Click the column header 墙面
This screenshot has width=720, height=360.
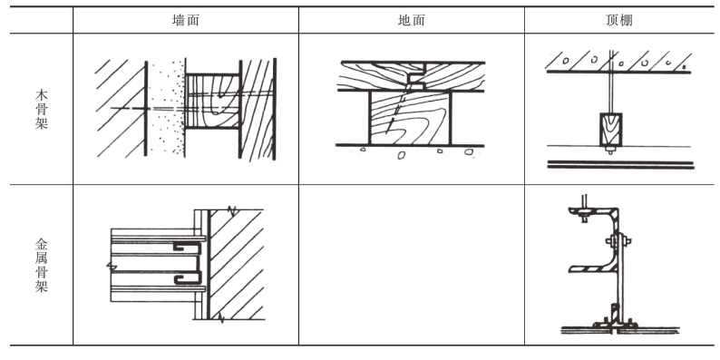[x=186, y=20]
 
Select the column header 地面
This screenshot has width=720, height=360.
[x=412, y=20]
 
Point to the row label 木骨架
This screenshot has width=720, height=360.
[x=42, y=110]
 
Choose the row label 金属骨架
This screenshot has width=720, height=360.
[x=42, y=266]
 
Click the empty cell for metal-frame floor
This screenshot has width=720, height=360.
[x=412, y=265]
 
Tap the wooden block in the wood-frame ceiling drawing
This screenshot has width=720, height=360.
[x=610, y=129]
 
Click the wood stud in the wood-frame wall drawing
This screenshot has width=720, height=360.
[x=212, y=101]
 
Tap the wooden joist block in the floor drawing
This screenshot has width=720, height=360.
[x=410, y=118]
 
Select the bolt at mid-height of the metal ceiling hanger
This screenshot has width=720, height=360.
[x=618, y=240]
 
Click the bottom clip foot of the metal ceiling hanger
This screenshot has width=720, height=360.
[x=614, y=325]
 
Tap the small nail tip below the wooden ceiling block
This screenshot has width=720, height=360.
[x=610, y=151]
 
